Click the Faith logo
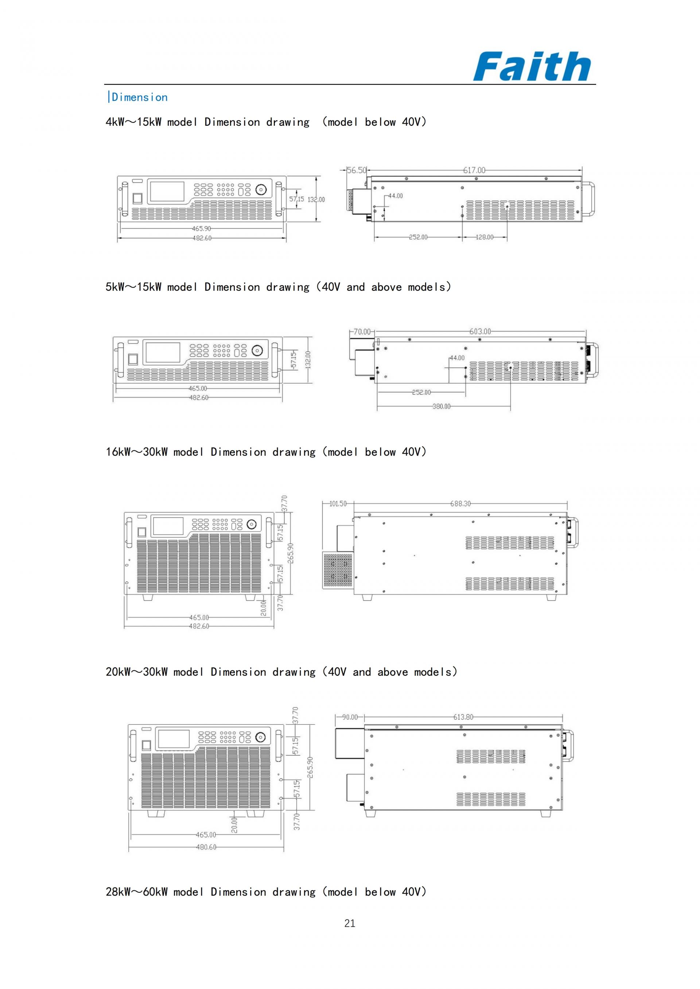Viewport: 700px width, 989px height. [x=532, y=66]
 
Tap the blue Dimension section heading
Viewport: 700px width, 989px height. [x=138, y=97]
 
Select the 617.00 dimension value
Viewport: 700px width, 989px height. [x=474, y=170]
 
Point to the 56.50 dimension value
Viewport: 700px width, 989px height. [x=357, y=170]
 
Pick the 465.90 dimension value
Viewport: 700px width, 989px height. [x=201, y=229]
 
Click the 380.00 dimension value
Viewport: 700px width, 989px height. [x=442, y=406]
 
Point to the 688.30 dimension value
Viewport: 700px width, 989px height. [x=460, y=503]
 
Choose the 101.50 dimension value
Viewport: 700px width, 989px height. [x=338, y=503]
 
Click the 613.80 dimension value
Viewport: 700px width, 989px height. [x=463, y=717]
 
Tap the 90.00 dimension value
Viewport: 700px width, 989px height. [x=350, y=717]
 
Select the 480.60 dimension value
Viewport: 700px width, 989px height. [x=206, y=847]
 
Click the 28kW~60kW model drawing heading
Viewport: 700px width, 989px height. [x=266, y=892]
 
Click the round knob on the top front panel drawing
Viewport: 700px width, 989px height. [x=260, y=190]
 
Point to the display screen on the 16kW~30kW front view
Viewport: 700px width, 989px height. [x=168, y=526]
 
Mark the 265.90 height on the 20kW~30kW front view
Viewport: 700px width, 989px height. [x=310, y=767]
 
